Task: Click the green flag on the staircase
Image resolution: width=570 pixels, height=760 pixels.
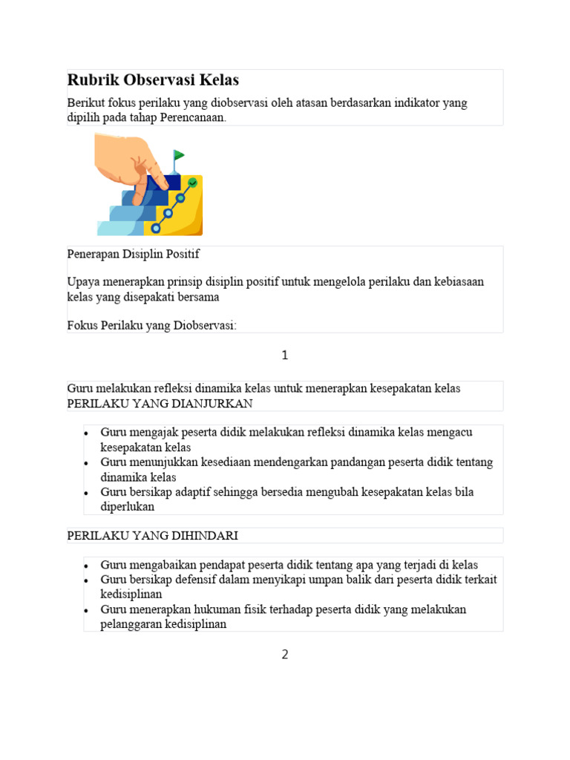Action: point(178,155)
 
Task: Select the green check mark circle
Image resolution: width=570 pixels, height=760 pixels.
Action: point(193,182)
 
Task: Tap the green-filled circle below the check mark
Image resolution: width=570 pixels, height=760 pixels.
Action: point(180,197)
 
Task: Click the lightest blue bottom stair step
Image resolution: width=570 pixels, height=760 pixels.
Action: point(119,228)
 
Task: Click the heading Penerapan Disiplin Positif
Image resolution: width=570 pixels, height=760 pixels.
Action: point(134,254)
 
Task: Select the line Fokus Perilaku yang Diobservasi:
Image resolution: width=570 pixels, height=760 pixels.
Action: point(151,325)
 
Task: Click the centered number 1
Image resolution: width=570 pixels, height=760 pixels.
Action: point(284,356)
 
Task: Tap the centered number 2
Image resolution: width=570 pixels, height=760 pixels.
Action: point(284,655)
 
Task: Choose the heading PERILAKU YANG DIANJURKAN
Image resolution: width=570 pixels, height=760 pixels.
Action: point(160,404)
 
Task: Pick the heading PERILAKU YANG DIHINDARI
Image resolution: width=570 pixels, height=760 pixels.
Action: point(152,536)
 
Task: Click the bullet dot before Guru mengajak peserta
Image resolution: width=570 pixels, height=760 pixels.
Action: point(87,433)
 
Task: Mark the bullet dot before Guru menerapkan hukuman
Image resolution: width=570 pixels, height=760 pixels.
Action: point(87,610)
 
